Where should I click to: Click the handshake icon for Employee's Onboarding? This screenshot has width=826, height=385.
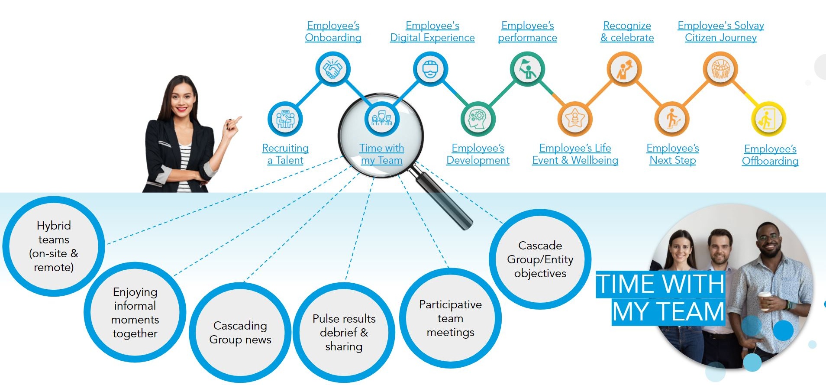(332, 69)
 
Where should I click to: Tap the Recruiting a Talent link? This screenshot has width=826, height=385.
(285, 154)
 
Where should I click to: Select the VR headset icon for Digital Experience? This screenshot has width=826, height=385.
(430, 69)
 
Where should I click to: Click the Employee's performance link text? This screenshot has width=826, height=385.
(527, 32)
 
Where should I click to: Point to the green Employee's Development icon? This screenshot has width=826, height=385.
(478, 119)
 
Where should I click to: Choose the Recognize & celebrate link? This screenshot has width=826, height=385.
(627, 32)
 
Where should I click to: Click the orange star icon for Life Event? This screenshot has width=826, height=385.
(574, 119)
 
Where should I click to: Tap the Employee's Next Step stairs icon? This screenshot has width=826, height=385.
(672, 119)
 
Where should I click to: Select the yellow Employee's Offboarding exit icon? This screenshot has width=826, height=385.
(768, 119)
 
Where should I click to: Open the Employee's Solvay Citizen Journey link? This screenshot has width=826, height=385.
(721, 32)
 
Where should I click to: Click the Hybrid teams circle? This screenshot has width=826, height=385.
(54, 246)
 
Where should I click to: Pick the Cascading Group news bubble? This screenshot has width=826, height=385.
(240, 333)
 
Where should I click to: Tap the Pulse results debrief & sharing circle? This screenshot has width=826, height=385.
(344, 333)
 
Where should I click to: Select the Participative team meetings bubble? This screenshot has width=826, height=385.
(450, 318)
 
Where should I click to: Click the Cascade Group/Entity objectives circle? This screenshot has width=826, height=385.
(540, 259)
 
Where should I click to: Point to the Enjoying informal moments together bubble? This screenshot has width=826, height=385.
(135, 312)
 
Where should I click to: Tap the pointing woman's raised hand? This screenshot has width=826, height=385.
(232, 126)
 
